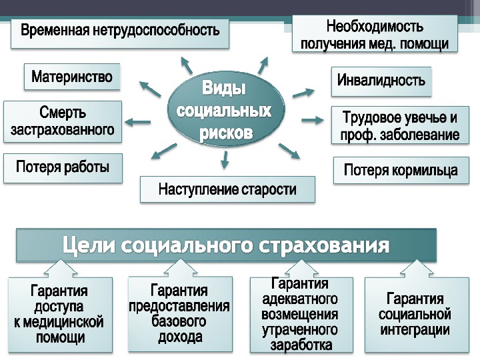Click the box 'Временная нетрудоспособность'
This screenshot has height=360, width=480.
(120, 31)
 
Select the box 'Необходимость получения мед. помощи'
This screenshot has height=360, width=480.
(375, 35)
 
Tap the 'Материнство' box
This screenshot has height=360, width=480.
(72, 79)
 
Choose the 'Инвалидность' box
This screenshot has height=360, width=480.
(381, 81)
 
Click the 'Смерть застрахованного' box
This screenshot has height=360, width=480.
(63, 121)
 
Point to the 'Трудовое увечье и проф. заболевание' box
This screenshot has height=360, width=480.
(400, 126)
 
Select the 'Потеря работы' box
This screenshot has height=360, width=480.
(63, 167)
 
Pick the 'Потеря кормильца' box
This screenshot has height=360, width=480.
(400, 170)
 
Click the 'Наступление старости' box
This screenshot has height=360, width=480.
(227, 190)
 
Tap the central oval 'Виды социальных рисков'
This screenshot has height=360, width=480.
(225, 111)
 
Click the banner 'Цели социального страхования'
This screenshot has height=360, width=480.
(227, 245)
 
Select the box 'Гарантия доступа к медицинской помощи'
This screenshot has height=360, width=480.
(59, 314)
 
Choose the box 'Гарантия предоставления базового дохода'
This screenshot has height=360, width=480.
(180, 313)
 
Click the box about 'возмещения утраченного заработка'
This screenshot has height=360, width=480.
(300, 314)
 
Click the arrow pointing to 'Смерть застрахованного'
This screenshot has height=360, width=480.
(138, 121)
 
